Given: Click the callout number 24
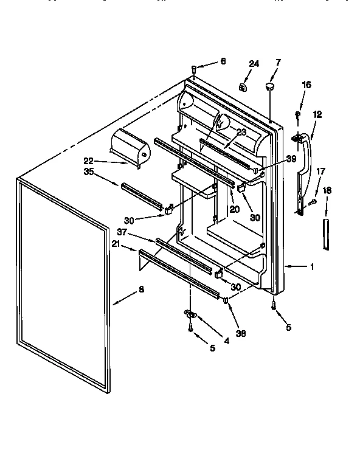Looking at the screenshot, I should pos(254,64).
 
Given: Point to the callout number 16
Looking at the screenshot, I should pos(306,85).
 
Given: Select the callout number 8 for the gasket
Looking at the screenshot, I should pos(141,289).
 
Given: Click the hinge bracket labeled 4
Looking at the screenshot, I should pos(190,314).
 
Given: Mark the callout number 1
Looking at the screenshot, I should pos(313,266).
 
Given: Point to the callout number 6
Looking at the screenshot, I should pos(223,61).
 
